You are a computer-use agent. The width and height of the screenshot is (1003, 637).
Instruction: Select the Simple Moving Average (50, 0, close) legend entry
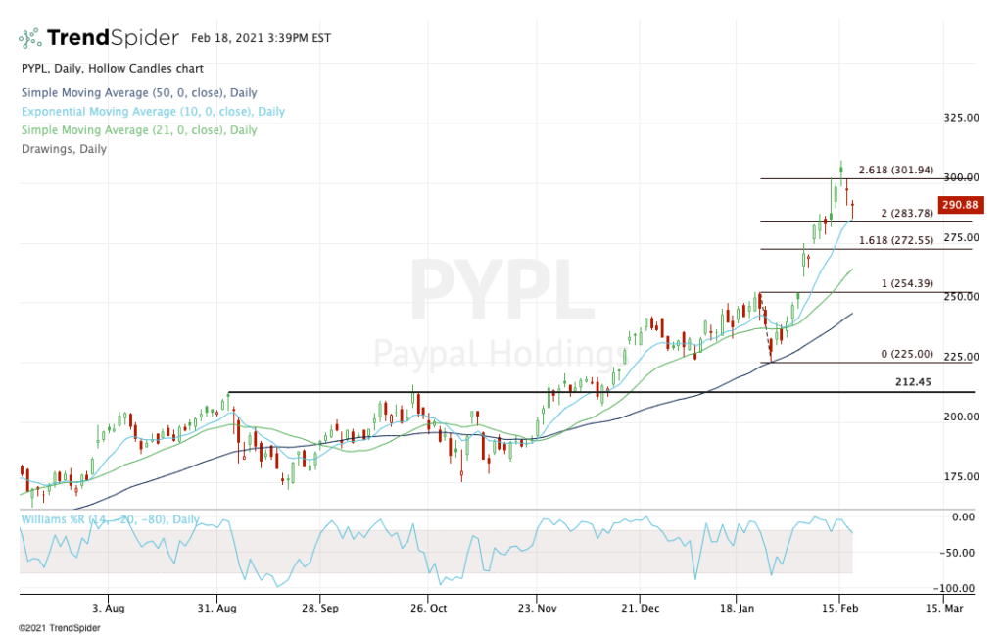pos(138,93)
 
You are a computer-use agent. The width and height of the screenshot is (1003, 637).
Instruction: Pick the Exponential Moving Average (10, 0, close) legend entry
pos(152,112)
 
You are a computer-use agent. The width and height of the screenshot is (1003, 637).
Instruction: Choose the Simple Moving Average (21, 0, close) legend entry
pos(138,130)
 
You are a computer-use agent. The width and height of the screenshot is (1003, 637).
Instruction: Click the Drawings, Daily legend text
pos(64,149)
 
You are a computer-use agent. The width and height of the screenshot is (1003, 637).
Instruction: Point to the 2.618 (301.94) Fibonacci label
pos(897,169)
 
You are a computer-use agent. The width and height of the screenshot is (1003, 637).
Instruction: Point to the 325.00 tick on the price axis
pos(961,118)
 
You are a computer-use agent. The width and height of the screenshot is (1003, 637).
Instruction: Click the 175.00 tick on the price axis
pos(961,477)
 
